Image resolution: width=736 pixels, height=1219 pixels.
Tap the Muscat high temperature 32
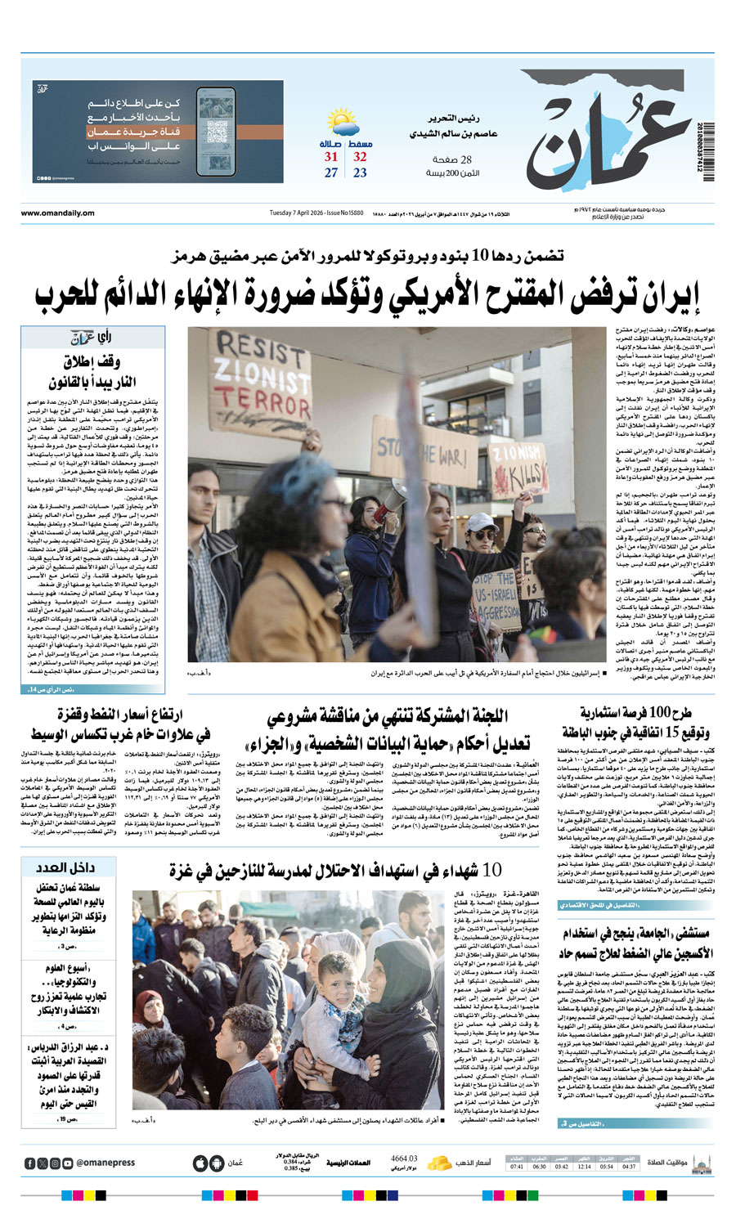click(x=360, y=157)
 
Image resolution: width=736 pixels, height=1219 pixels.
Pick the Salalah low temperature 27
click(x=330, y=173)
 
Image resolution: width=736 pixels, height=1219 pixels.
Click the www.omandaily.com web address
click(x=57, y=213)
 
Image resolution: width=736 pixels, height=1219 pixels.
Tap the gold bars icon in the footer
click(x=440, y=1162)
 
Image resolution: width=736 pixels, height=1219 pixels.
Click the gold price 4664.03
click(x=404, y=1158)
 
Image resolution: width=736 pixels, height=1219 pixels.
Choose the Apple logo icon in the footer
click(x=200, y=1163)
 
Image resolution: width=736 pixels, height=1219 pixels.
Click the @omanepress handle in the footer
click(x=105, y=1163)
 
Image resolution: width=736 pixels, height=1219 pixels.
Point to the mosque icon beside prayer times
click(x=702, y=1163)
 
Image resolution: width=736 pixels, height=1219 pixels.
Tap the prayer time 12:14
click(x=584, y=1167)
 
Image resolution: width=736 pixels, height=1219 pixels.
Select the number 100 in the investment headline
click(x=658, y=712)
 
